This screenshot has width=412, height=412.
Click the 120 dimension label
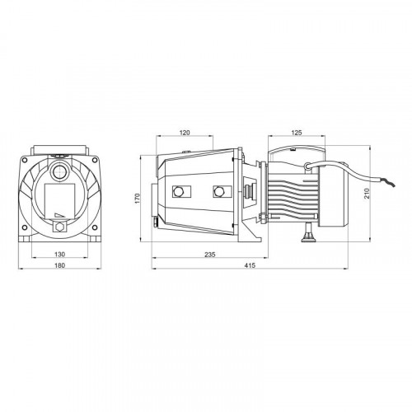(x=185, y=133)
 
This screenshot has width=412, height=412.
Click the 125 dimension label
(x=297, y=133)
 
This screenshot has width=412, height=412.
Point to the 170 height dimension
(x=138, y=199)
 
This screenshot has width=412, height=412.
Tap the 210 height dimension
(x=367, y=194)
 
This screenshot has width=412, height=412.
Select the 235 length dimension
(x=210, y=255)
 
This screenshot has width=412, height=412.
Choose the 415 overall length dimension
(x=250, y=265)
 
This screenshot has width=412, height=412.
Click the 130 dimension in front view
(x=59, y=255)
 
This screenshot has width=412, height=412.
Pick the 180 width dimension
(x=59, y=265)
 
